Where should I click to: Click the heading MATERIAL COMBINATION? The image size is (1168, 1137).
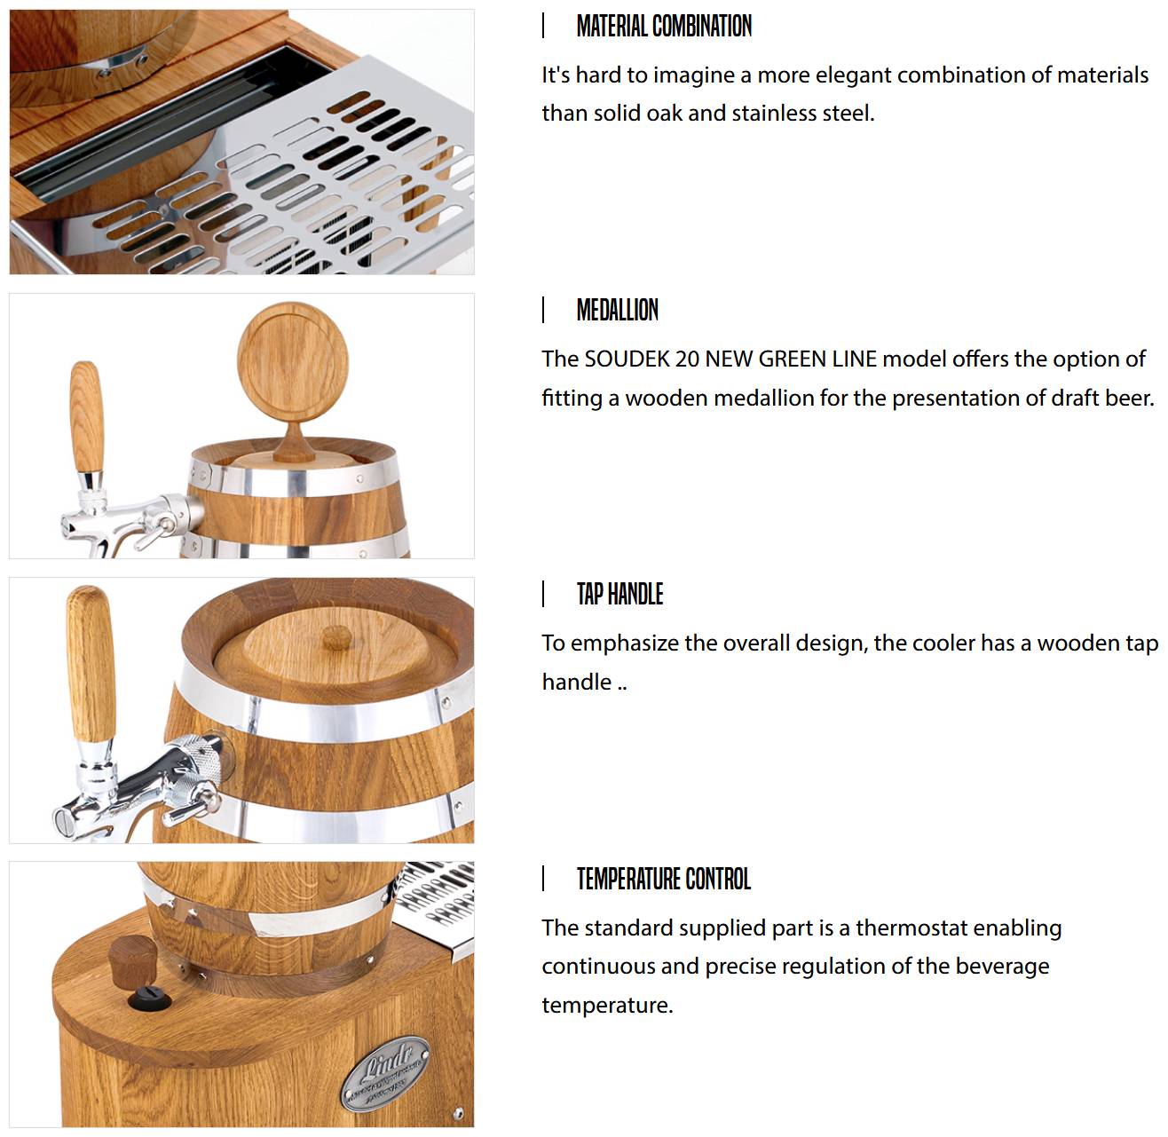[x=663, y=26]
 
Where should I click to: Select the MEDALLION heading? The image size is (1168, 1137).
[x=617, y=310]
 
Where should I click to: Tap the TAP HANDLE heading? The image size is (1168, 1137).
[x=620, y=594]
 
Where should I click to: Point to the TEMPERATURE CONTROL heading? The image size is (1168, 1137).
[x=663, y=878]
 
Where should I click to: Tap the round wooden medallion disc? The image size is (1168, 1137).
[x=292, y=360]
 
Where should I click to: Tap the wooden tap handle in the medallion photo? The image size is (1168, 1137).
[x=87, y=416]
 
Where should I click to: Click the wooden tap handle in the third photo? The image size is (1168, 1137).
[x=91, y=663]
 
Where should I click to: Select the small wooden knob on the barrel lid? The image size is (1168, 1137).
[x=336, y=636]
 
